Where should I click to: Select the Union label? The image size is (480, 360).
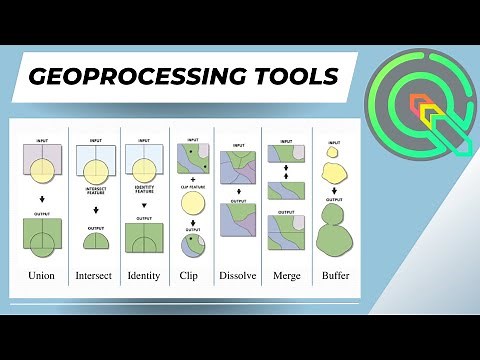[x=43, y=275]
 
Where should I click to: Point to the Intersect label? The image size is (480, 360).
[x=93, y=275]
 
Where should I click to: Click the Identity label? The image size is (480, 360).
[x=144, y=275]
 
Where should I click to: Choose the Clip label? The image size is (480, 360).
[x=191, y=275]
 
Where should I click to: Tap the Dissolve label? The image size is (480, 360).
[x=238, y=275]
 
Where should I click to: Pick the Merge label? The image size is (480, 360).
[x=287, y=275]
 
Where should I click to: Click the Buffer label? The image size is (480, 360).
[x=336, y=275]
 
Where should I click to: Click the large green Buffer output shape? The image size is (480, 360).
[x=335, y=238]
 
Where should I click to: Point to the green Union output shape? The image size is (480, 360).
[x=43, y=238]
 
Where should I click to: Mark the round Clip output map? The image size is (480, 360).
[x=192, y=246]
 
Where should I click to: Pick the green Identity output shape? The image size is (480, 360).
[x=144, y=238]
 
